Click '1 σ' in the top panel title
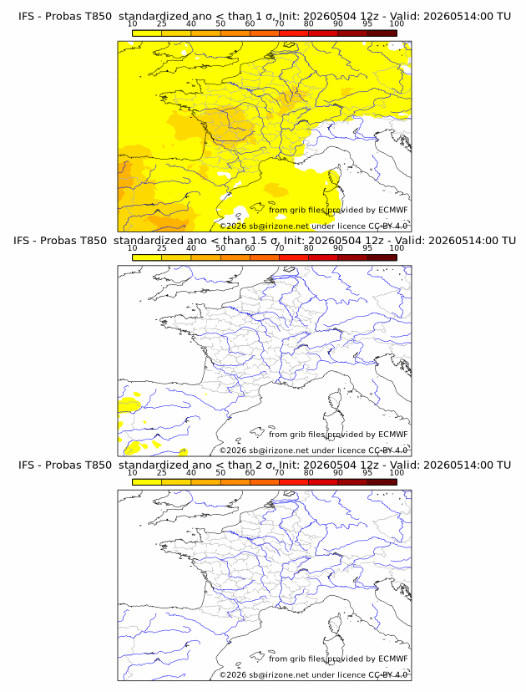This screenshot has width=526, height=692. point(265,17)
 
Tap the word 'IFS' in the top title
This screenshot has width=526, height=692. point(26,17)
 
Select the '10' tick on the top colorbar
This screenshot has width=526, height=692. point(132,24)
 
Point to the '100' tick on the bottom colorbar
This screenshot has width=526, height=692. point(397,473)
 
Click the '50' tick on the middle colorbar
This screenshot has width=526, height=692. point(220,248)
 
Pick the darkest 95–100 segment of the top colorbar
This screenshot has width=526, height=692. point(382,33)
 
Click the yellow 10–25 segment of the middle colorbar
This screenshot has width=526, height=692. point(147,257)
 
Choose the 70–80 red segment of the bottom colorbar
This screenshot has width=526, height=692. point(294,482)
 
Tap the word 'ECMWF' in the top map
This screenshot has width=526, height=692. point(393,210)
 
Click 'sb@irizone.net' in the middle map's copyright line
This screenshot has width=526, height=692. point(279,450)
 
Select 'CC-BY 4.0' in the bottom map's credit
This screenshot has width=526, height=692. point(388,675)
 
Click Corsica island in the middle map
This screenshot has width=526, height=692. point(335,403)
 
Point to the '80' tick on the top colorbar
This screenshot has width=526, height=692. point(309,24)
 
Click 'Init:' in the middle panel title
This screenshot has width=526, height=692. point(294,241)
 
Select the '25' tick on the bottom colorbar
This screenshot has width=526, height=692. point(161,473)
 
